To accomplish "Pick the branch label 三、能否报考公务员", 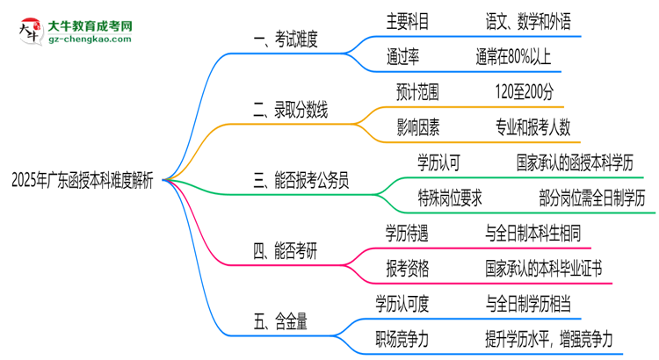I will point(302,182).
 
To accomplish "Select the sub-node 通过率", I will point(402,56).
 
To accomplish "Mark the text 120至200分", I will point(524,91).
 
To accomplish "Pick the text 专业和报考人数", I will point(532,127).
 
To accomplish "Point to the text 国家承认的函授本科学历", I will point(581,162).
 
